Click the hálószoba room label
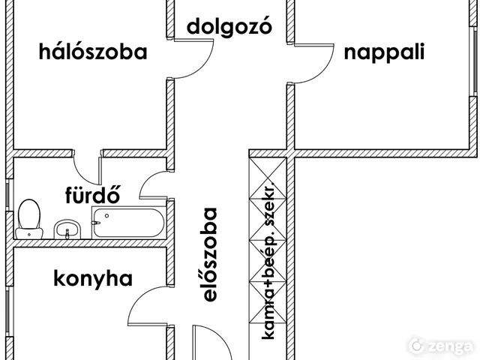tap(93, 52)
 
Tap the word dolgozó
tap(229, 27)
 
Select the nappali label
tap(384, 52)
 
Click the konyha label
tap(93, 279)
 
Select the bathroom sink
tap(67, 228)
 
